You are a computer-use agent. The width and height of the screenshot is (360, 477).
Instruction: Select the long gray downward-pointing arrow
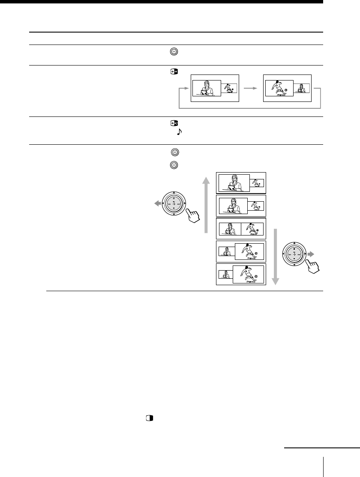pyautogui.click(x=275, y=257)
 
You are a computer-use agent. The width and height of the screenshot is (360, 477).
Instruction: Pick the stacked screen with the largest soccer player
pyautogui.click(x=241, y=274)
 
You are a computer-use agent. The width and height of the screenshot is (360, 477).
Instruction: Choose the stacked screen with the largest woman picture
pyautogui.click(x=241, y=182)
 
